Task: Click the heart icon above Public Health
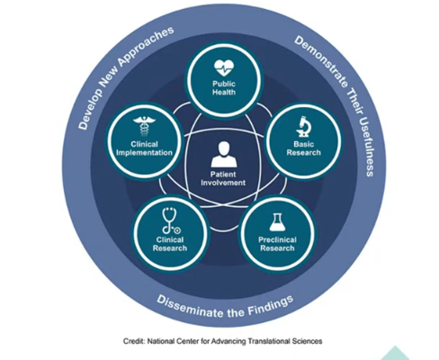224,67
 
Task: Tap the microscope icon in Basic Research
304,127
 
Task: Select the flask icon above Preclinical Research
277,222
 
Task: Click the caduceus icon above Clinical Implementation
145,126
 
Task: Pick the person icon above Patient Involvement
224,155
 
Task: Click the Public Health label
224,88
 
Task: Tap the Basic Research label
303,148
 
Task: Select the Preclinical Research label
277,244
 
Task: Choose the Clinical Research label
170,244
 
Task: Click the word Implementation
144,153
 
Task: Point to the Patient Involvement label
223,178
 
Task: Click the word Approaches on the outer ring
146,46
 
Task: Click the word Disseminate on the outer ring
190,306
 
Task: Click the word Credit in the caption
134,341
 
